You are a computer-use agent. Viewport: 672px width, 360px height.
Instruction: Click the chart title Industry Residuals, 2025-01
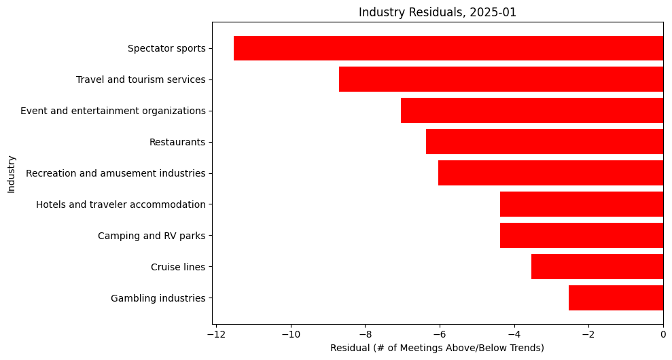[x=438, y=12]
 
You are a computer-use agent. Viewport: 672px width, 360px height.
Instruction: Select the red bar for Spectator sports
[x=448, y=48]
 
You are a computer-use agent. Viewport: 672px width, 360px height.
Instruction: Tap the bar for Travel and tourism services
[x=501, y=79]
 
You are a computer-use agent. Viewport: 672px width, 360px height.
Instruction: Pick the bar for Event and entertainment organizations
[x=532, y=111]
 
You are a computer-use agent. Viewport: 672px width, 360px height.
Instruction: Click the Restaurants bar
[x=544, y=142]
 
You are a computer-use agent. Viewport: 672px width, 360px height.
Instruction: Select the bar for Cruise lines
[x=597, y=267]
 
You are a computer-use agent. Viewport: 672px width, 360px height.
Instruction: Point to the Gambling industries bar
[x=616, y=298]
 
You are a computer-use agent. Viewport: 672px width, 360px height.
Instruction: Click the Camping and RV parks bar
[x=582, y=236]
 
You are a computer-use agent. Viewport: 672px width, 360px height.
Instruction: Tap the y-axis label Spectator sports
[x=166, y=48]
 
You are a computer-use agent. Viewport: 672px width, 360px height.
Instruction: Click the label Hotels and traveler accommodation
[x=121, y=204]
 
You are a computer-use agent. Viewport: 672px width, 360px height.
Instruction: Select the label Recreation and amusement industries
[x=116, y=173]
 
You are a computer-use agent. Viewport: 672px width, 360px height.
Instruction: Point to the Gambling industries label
[x=158, y=298]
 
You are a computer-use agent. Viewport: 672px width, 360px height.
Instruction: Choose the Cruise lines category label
[x=178, y=267]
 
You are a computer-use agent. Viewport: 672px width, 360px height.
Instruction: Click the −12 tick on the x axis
[x=216, y=335]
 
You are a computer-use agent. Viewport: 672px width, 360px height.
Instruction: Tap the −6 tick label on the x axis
[x=440, y=335]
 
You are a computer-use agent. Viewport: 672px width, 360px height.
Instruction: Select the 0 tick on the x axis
[x=663, y=335]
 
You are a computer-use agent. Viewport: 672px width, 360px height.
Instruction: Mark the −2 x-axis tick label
[x=588, y=335]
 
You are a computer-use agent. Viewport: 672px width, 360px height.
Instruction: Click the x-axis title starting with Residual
[x=437, y=348]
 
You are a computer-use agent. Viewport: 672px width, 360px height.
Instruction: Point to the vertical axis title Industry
[x=12, y=174]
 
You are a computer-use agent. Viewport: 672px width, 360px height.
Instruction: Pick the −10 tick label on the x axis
[x=291, y=335]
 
